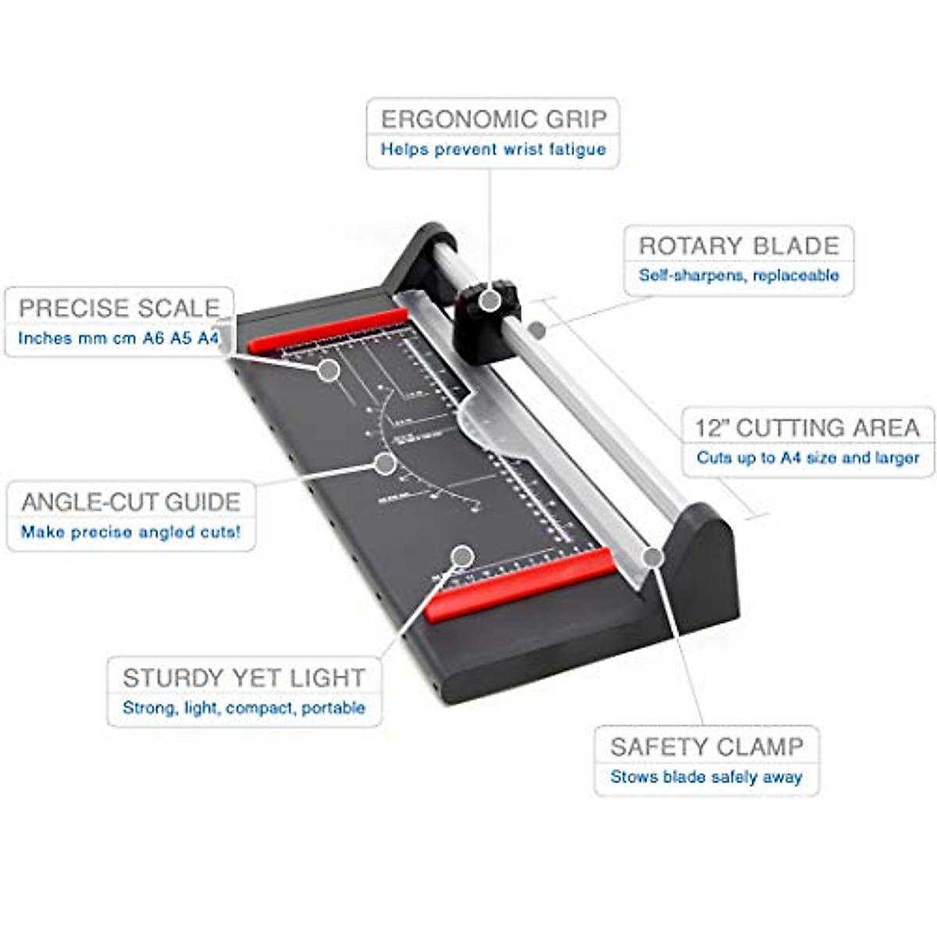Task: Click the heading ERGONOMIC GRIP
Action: [493, 119]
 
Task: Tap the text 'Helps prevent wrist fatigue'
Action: [493, 149]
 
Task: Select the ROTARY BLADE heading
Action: [739, 246]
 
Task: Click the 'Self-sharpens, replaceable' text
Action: [739, 276]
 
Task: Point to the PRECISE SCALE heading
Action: [119, 308]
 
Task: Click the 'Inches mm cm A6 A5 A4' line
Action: [119, 338]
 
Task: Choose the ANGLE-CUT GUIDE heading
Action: [131, 501]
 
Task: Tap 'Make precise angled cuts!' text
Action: [131, 533]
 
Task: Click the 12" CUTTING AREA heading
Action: [807, 428]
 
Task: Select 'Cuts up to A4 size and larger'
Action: [807, 458]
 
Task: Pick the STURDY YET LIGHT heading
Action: [244, 678]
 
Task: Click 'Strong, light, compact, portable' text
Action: [244, 708]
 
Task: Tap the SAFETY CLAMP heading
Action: [707, 747]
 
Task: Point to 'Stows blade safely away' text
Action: [707, 777]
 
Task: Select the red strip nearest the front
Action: [519, 584]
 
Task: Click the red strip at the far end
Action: [328, 330]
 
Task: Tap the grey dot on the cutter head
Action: [490, 300]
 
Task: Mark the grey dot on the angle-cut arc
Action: [384, 464]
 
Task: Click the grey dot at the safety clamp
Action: [654, 557]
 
